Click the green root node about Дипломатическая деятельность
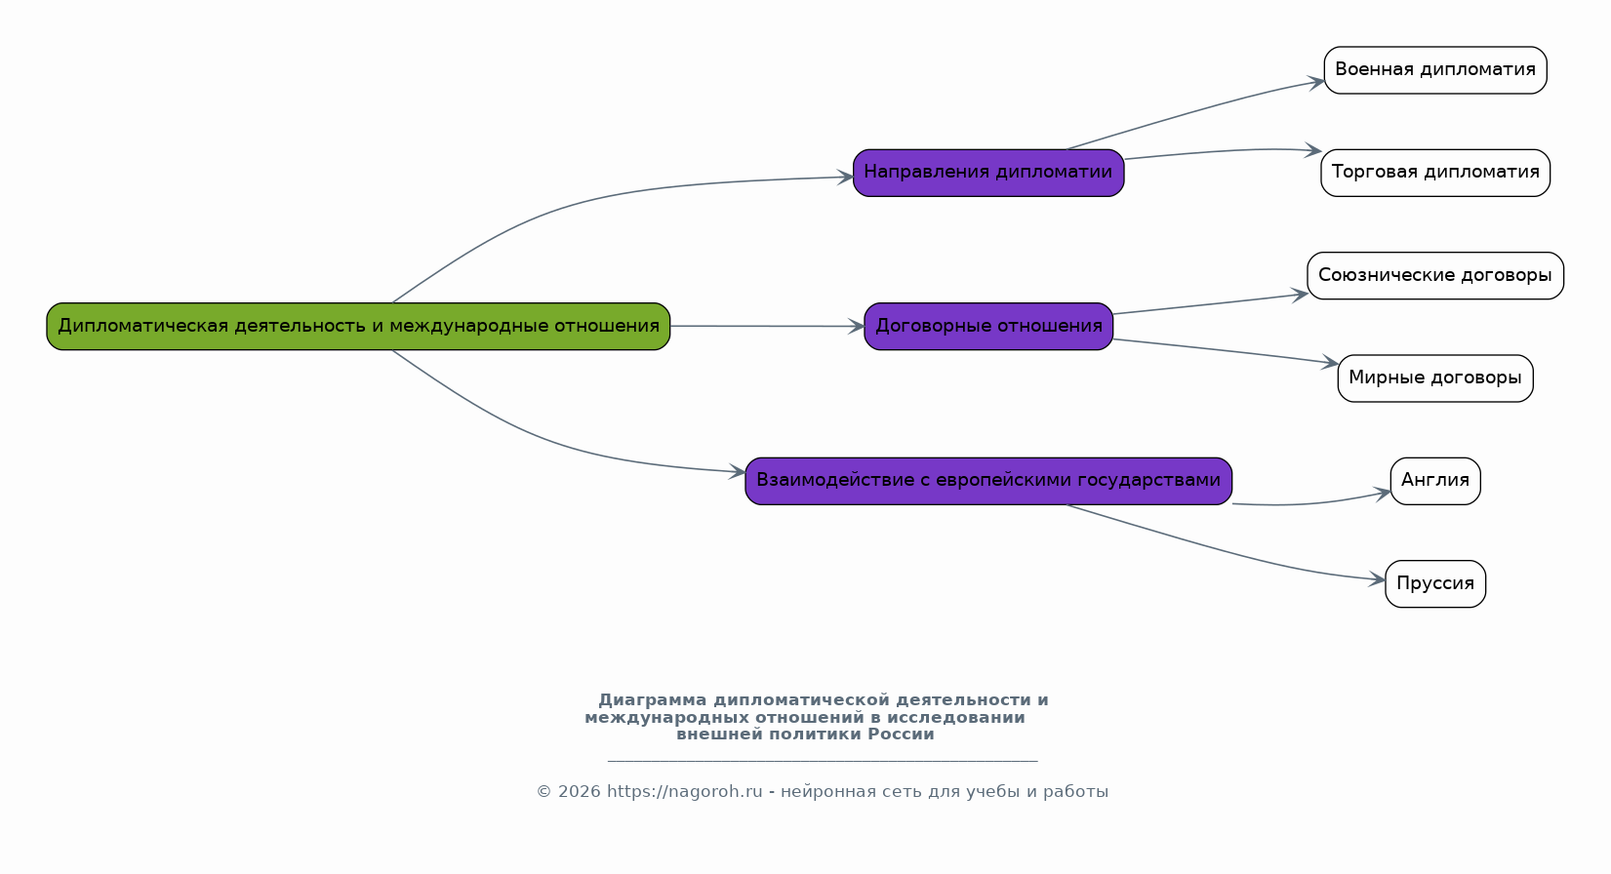pyautogui.click(x=358, y=327)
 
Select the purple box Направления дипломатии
pyautogui.click(x=988, y=173)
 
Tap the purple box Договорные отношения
pyautogui.click(x=988, y=327)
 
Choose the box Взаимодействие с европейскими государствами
pyautogui.click(x=988, y=481)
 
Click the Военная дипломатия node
pyautogui.click(x=1434, y=69)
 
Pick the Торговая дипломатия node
pyautogui.click(x=1434, y=173)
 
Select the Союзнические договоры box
pyautogui.click(x=1434, y=275)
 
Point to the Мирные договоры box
pyautogui.click(x=1434, y=378)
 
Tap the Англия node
pyautogui.click(x=1434, y=481)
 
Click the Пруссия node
pyautogui.click(x=1434, y=583)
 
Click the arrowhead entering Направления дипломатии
pyautogui.click(x=846, y=178)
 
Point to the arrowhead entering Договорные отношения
pyautogui.click(x=857, y=327)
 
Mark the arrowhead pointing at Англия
pyautogui.click(x=1383, y=494)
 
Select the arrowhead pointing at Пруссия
pyautogui.click(x=1377, y=578)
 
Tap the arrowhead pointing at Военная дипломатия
pyautogui.click(x=1316, y=83)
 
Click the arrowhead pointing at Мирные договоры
pyautogui.click(x=1330, y=363)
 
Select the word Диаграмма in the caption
pyautogui.click(x=653, y=700)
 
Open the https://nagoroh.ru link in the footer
pyautogui.click(x=684, y=791)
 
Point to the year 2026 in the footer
pyautogui.click(x=579, y=791)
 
